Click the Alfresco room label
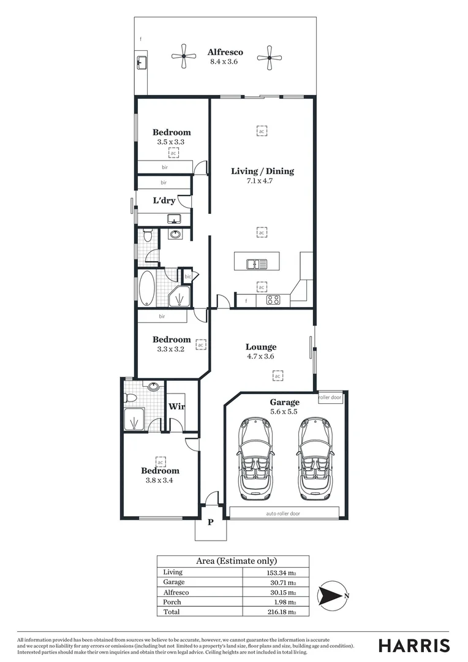225,52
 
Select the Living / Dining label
262,171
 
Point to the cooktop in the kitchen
273,300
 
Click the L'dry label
164,200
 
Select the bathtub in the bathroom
148,289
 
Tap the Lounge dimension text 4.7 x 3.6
261,356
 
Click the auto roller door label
282,513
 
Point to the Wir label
176,406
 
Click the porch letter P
210,522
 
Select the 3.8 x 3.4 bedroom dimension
160,481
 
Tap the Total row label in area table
172,612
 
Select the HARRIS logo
413,645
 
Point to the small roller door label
330,397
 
